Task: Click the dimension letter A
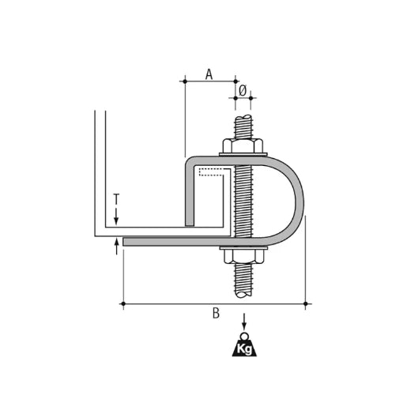pos(209,74)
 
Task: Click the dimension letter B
pos(216,313)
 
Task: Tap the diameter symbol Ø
pos(243,90)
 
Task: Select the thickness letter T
pos(116,199)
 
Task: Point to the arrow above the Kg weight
pos(244,321)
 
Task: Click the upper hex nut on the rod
pos(243,146)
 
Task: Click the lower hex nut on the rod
pos(243,255)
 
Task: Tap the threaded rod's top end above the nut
pos(243,126)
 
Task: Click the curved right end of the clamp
pos(299,202)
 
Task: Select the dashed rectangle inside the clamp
pos(214,171)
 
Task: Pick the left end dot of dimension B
pos(122,303)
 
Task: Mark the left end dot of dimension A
pos(184,81)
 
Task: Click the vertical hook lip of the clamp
pos(190,198)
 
